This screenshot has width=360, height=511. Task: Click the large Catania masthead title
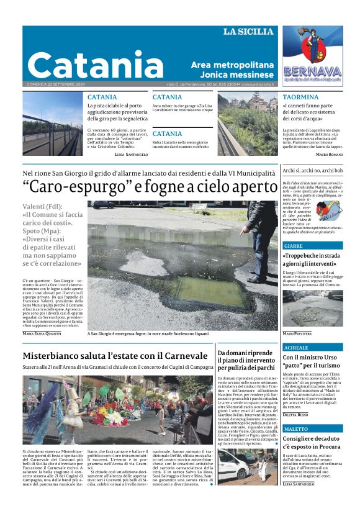[95, 65]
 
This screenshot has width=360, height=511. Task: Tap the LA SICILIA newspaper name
[248, 32]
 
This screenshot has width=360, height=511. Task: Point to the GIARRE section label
[293, 246]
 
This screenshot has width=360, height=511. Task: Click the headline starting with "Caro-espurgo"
[150, 187]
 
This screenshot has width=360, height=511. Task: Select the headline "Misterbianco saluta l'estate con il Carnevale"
[115, 356]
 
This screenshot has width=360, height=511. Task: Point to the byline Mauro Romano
[329, 153]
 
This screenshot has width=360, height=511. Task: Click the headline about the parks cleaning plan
[246, 360]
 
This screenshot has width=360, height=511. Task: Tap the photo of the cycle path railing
[53, 124]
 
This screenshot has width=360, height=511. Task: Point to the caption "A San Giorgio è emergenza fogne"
[148, 333]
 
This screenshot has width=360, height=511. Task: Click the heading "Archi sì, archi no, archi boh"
[312, 170]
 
